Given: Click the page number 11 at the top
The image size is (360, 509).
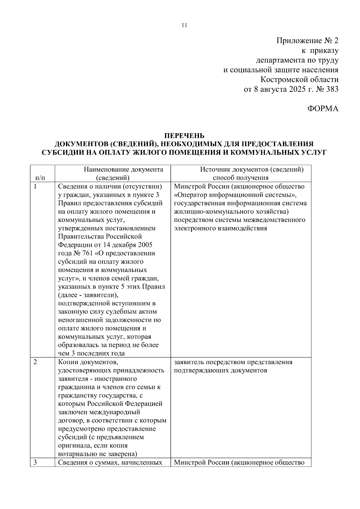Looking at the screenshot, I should tap(184, 25).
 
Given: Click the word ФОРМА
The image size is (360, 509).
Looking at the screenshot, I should tap(323, 109).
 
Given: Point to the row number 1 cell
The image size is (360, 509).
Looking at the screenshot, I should tap(35, 187).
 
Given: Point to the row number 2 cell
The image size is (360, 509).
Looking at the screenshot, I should tap(35, 362).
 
